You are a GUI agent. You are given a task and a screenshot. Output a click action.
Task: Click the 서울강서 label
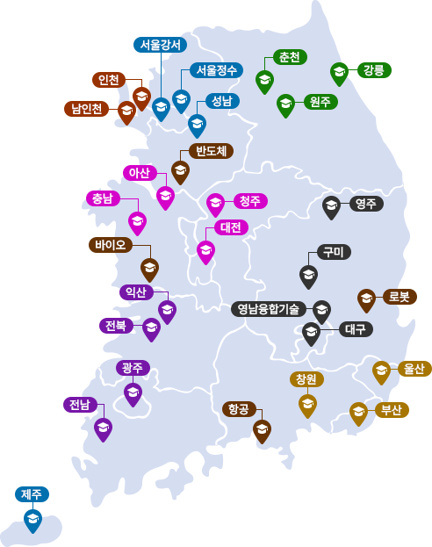(x=159, y=45)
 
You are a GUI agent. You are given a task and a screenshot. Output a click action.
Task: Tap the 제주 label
(x=32, y=494)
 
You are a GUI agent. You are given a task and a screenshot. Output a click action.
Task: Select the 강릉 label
(x=373, y=70)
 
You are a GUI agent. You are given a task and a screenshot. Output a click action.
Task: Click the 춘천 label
(x=290, y=57)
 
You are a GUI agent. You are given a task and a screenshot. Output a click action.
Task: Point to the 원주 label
(x=320, y=102)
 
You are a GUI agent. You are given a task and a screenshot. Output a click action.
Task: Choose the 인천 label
(x=109, y=80)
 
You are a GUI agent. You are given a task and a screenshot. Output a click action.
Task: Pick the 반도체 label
(x=211, y=151)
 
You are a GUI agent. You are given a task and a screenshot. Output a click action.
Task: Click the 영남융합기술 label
(x=269, y=309)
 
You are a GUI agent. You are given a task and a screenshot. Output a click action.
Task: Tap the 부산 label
(x=392, y=410)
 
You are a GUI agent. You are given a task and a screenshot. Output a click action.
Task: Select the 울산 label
(x=414, y=369)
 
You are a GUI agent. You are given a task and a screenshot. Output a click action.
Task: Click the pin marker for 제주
(x=32, y=520)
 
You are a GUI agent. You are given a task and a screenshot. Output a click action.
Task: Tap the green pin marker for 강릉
(x=339, y=73)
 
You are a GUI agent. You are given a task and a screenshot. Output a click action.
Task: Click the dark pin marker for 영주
(x=331, y=206)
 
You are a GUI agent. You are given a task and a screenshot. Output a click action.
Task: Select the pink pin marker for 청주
(x=215, y=204)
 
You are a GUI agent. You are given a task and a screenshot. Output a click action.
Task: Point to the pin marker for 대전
(x=205, y=251)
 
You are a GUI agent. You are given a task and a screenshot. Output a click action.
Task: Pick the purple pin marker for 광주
(x=133, y=393)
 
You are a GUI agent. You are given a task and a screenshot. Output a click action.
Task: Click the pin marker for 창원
(x=307, y=405)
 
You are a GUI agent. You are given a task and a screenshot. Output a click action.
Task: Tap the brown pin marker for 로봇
(x=366, y=299)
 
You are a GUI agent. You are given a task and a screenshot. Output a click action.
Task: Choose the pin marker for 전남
(x=103, y=428)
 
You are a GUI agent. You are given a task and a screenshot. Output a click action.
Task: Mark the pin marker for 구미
(x=308, y=276)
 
